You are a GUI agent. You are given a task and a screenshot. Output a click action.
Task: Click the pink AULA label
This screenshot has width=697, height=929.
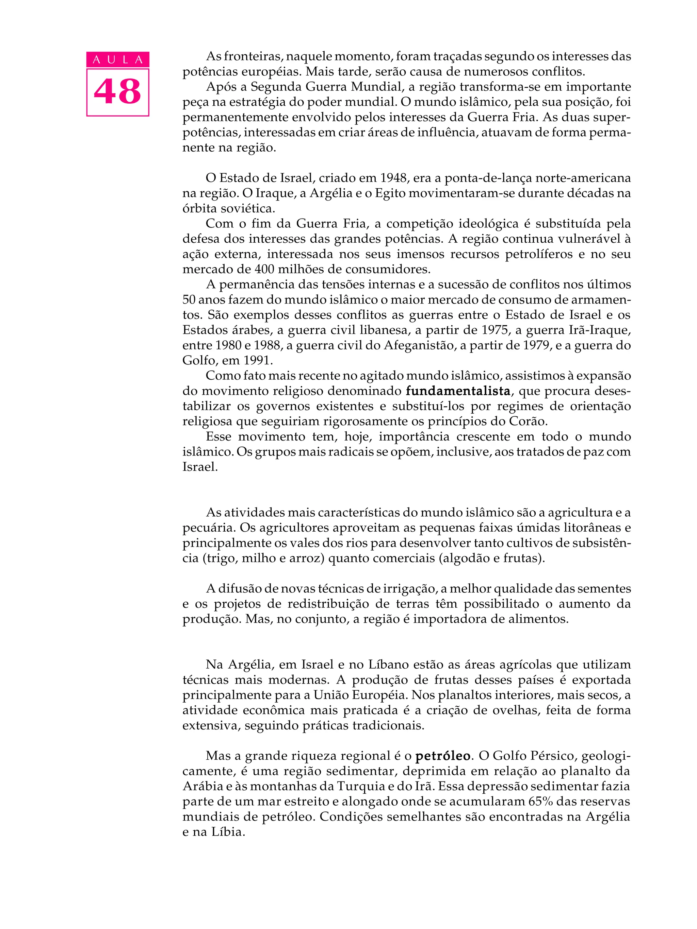(118, 59)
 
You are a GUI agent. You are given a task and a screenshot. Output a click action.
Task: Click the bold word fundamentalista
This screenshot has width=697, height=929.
(457, 391)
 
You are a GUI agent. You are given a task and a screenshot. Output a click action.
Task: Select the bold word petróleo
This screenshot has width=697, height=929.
(442, 756)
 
